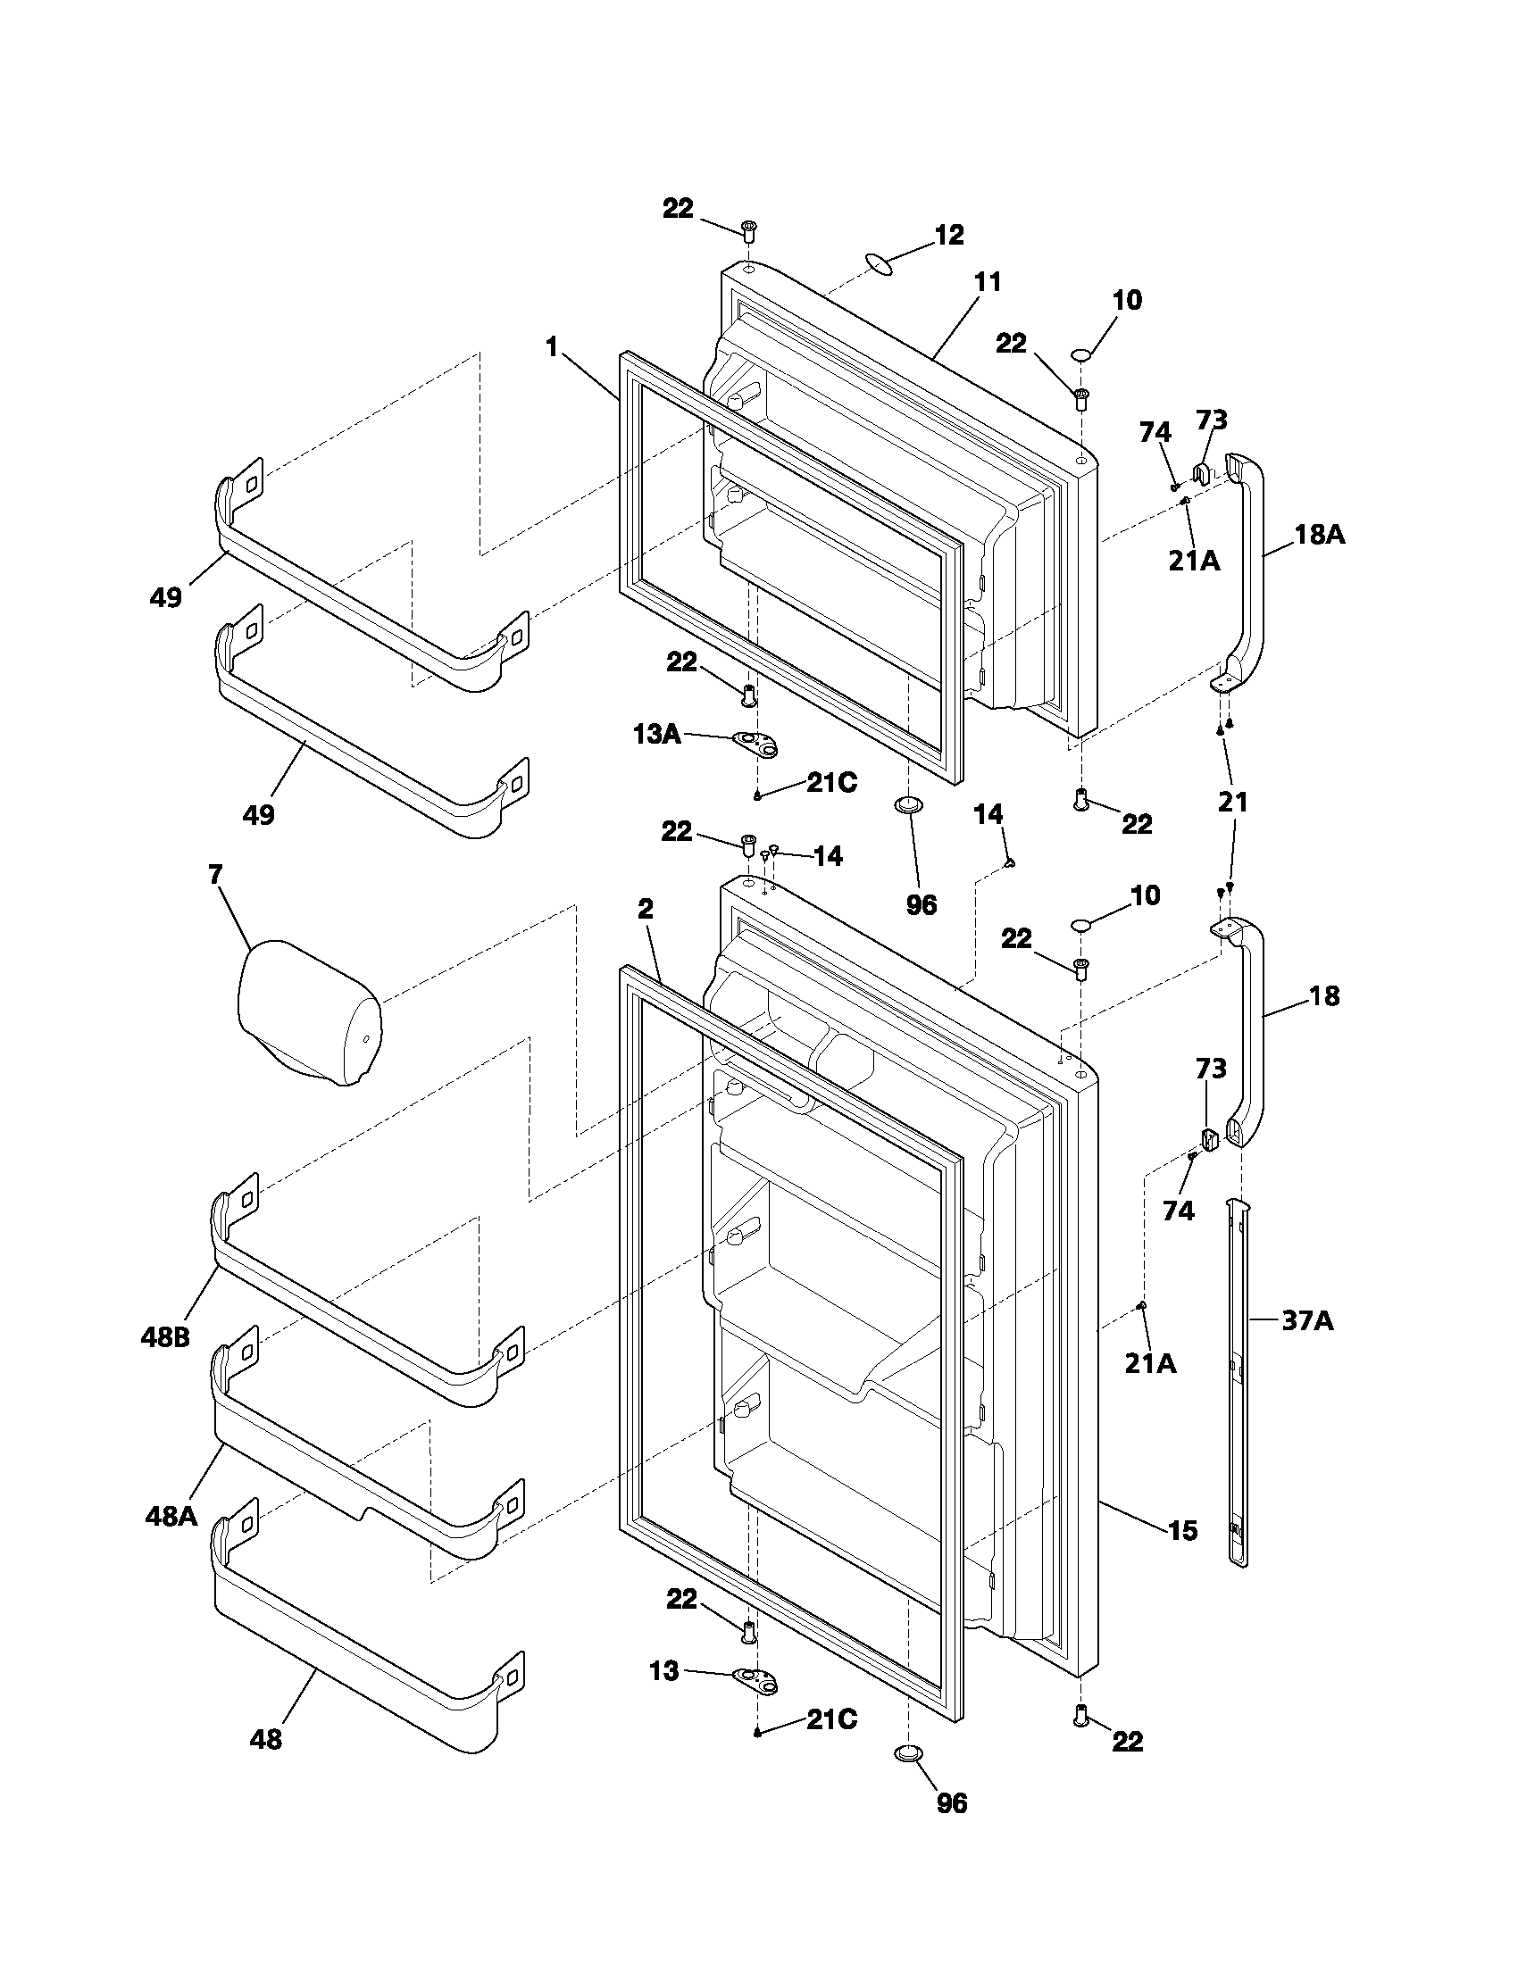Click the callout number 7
(215, 874)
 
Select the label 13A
(655, 734)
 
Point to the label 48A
(170, 1517)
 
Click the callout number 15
(1183, 1529)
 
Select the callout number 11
(988, 282)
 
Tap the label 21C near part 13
(831, 1719)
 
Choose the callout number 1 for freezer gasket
(551, 346)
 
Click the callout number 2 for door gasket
(645, 909)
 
